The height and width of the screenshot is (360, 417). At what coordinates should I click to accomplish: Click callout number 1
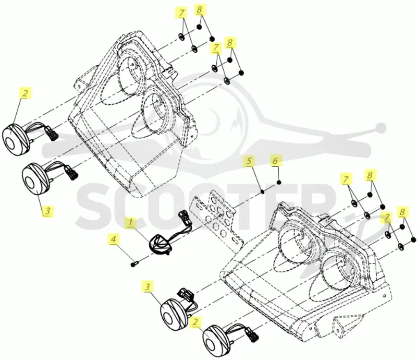pos(130,223)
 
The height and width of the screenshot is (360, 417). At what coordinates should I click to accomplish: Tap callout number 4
pos(114,239)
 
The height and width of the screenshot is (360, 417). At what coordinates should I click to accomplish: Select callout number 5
pos(249,161)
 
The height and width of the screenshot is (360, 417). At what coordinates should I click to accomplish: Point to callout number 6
pos(275,161)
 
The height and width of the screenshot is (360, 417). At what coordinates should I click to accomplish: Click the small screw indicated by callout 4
pos(134,264)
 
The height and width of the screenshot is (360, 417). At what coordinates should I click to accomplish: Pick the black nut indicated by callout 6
pos(279,182)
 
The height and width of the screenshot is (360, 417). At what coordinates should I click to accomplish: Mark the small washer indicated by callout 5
pos(263,191)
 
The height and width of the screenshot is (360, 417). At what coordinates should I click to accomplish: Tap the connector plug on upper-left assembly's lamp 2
pos(52,134)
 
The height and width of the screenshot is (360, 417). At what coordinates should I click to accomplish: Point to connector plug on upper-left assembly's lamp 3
pos(72,173)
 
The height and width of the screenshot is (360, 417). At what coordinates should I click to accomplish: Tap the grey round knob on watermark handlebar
pos(381,128)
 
